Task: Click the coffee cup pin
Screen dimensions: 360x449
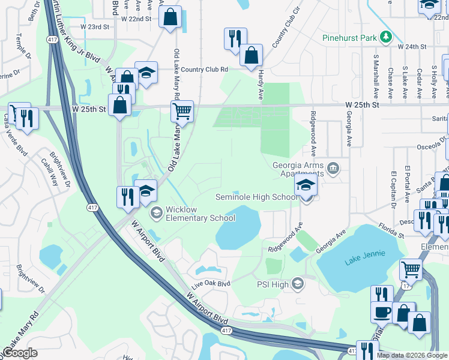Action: [382, 312]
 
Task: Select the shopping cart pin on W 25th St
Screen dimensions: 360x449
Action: [182, 111]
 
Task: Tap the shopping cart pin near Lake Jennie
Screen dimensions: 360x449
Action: [411, 269]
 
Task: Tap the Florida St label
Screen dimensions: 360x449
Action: [391, 228]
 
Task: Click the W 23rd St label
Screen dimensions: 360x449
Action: [95, 27]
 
